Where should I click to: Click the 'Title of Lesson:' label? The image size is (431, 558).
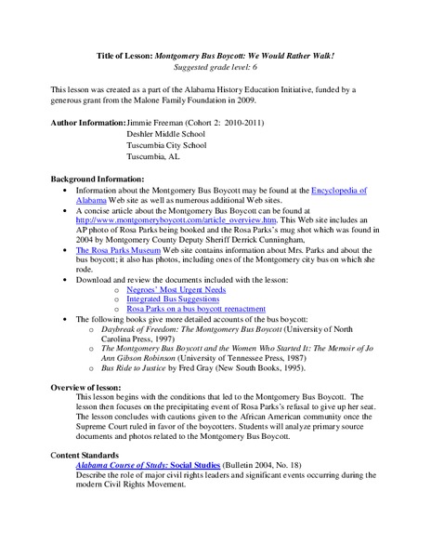[x=125, y=57]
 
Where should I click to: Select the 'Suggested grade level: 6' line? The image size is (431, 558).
[x=215, y=68]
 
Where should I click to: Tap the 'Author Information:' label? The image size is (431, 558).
[x=86, y=122]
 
